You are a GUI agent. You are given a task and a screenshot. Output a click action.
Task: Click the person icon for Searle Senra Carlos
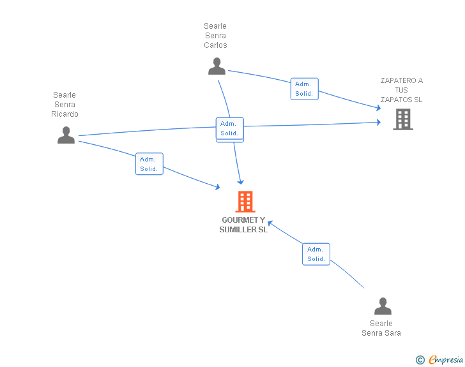pos(217,66)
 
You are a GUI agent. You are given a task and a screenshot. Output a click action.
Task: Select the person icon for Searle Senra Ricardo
pos(66,135)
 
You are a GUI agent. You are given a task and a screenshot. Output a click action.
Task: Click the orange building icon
pos(245,202)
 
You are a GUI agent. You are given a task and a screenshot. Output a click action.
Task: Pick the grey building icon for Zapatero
pos(402,119)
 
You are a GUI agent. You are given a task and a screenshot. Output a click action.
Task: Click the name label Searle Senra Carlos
pos(215,36)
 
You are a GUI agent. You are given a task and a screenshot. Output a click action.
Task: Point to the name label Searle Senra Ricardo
pos(65,105)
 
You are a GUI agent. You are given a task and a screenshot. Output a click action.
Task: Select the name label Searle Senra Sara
pos(381,328)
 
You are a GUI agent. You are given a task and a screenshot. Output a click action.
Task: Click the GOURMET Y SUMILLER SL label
pos(243,225)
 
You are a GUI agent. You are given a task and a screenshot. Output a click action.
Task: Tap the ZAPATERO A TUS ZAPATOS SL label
pos(401,90)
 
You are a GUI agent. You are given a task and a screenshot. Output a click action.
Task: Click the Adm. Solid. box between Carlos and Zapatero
pos(304,89)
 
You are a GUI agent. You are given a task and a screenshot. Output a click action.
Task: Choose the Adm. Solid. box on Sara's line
pos(316,254)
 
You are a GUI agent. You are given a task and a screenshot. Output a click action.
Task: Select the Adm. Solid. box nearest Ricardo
pos(149,164)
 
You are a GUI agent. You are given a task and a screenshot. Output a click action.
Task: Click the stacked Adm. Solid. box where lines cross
pos(229,129)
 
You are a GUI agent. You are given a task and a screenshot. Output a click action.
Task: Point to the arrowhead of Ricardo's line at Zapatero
pos(379,122)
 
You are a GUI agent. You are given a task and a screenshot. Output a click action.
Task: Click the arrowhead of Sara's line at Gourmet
pos(270,223)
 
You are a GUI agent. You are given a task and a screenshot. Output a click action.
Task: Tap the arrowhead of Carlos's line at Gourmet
pos(240,183)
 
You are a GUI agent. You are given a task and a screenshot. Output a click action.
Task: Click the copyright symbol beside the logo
pos(420,361)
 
